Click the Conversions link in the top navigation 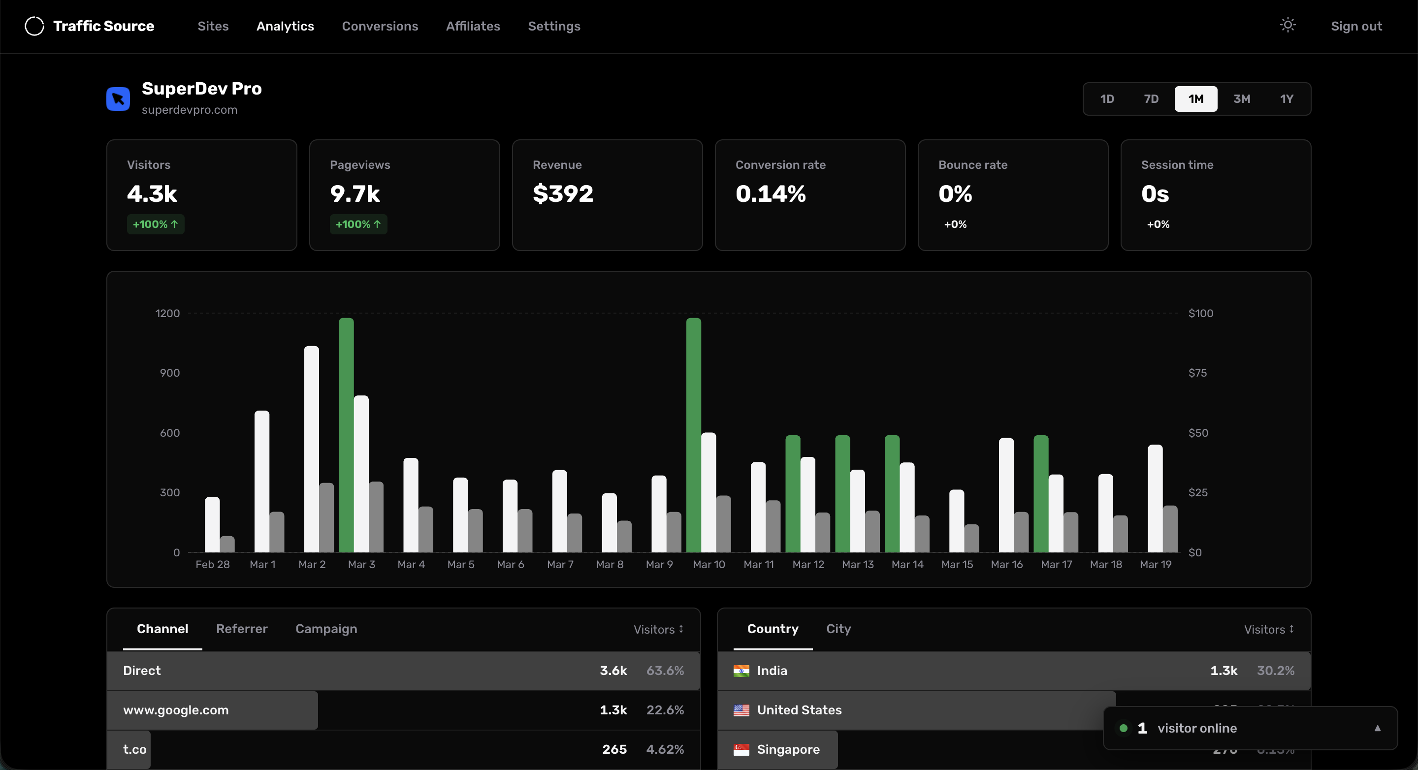point(380,26)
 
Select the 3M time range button point(1241,99)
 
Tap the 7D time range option point(1151,99)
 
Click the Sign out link point(1356,26)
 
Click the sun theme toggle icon point(1288,25)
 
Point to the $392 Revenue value point(563,194)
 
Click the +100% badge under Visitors point(155,224)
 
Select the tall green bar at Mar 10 point(694,435)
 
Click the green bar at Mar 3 point(346,435)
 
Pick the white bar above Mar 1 point(262,481)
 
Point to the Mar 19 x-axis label point(1156,564)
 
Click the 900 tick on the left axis point(169,373)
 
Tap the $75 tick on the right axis point(1197,373)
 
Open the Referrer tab point(242,629)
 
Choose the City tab point(838,629)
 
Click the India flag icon point(741,671)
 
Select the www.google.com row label point(176,710)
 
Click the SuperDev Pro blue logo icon point(118,99)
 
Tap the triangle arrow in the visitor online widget point(1377,728)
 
